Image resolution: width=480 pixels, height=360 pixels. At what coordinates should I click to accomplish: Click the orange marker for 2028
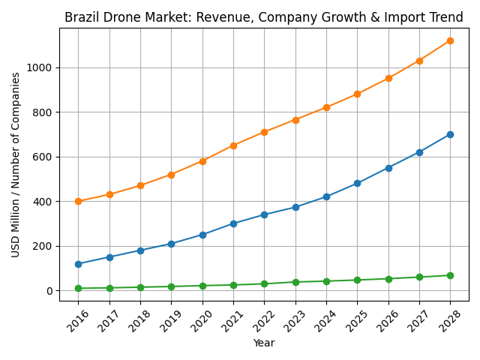(x=450, y=40)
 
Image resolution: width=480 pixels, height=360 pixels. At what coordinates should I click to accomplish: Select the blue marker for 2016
(x=78, y=264)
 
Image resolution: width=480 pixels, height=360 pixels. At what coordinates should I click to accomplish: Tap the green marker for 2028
(x=450, y=275)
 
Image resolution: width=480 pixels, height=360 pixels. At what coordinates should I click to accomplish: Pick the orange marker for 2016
(x=78, y=201)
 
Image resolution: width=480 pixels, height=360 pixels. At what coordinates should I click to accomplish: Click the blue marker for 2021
(x=233, y=223)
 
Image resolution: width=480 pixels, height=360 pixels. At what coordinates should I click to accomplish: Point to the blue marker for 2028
(x=450, y=134)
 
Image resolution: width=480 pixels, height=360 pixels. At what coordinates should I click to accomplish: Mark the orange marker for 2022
(x=264, y=132)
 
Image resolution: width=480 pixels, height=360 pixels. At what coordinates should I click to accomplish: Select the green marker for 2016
(x=78, y=288)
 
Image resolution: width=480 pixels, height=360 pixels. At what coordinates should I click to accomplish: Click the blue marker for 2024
(x=326, y=196)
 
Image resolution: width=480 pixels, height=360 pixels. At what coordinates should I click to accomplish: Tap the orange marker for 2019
(x=171, y=175)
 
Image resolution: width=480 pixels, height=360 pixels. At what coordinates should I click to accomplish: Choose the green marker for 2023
(x=295, y=282)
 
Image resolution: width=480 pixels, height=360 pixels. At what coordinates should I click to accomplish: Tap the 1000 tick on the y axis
(x=40, y=67)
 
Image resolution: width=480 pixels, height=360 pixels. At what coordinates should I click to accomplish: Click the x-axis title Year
(x=264, y=343)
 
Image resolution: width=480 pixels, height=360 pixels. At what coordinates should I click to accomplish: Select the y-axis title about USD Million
(x=16, y=164)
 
